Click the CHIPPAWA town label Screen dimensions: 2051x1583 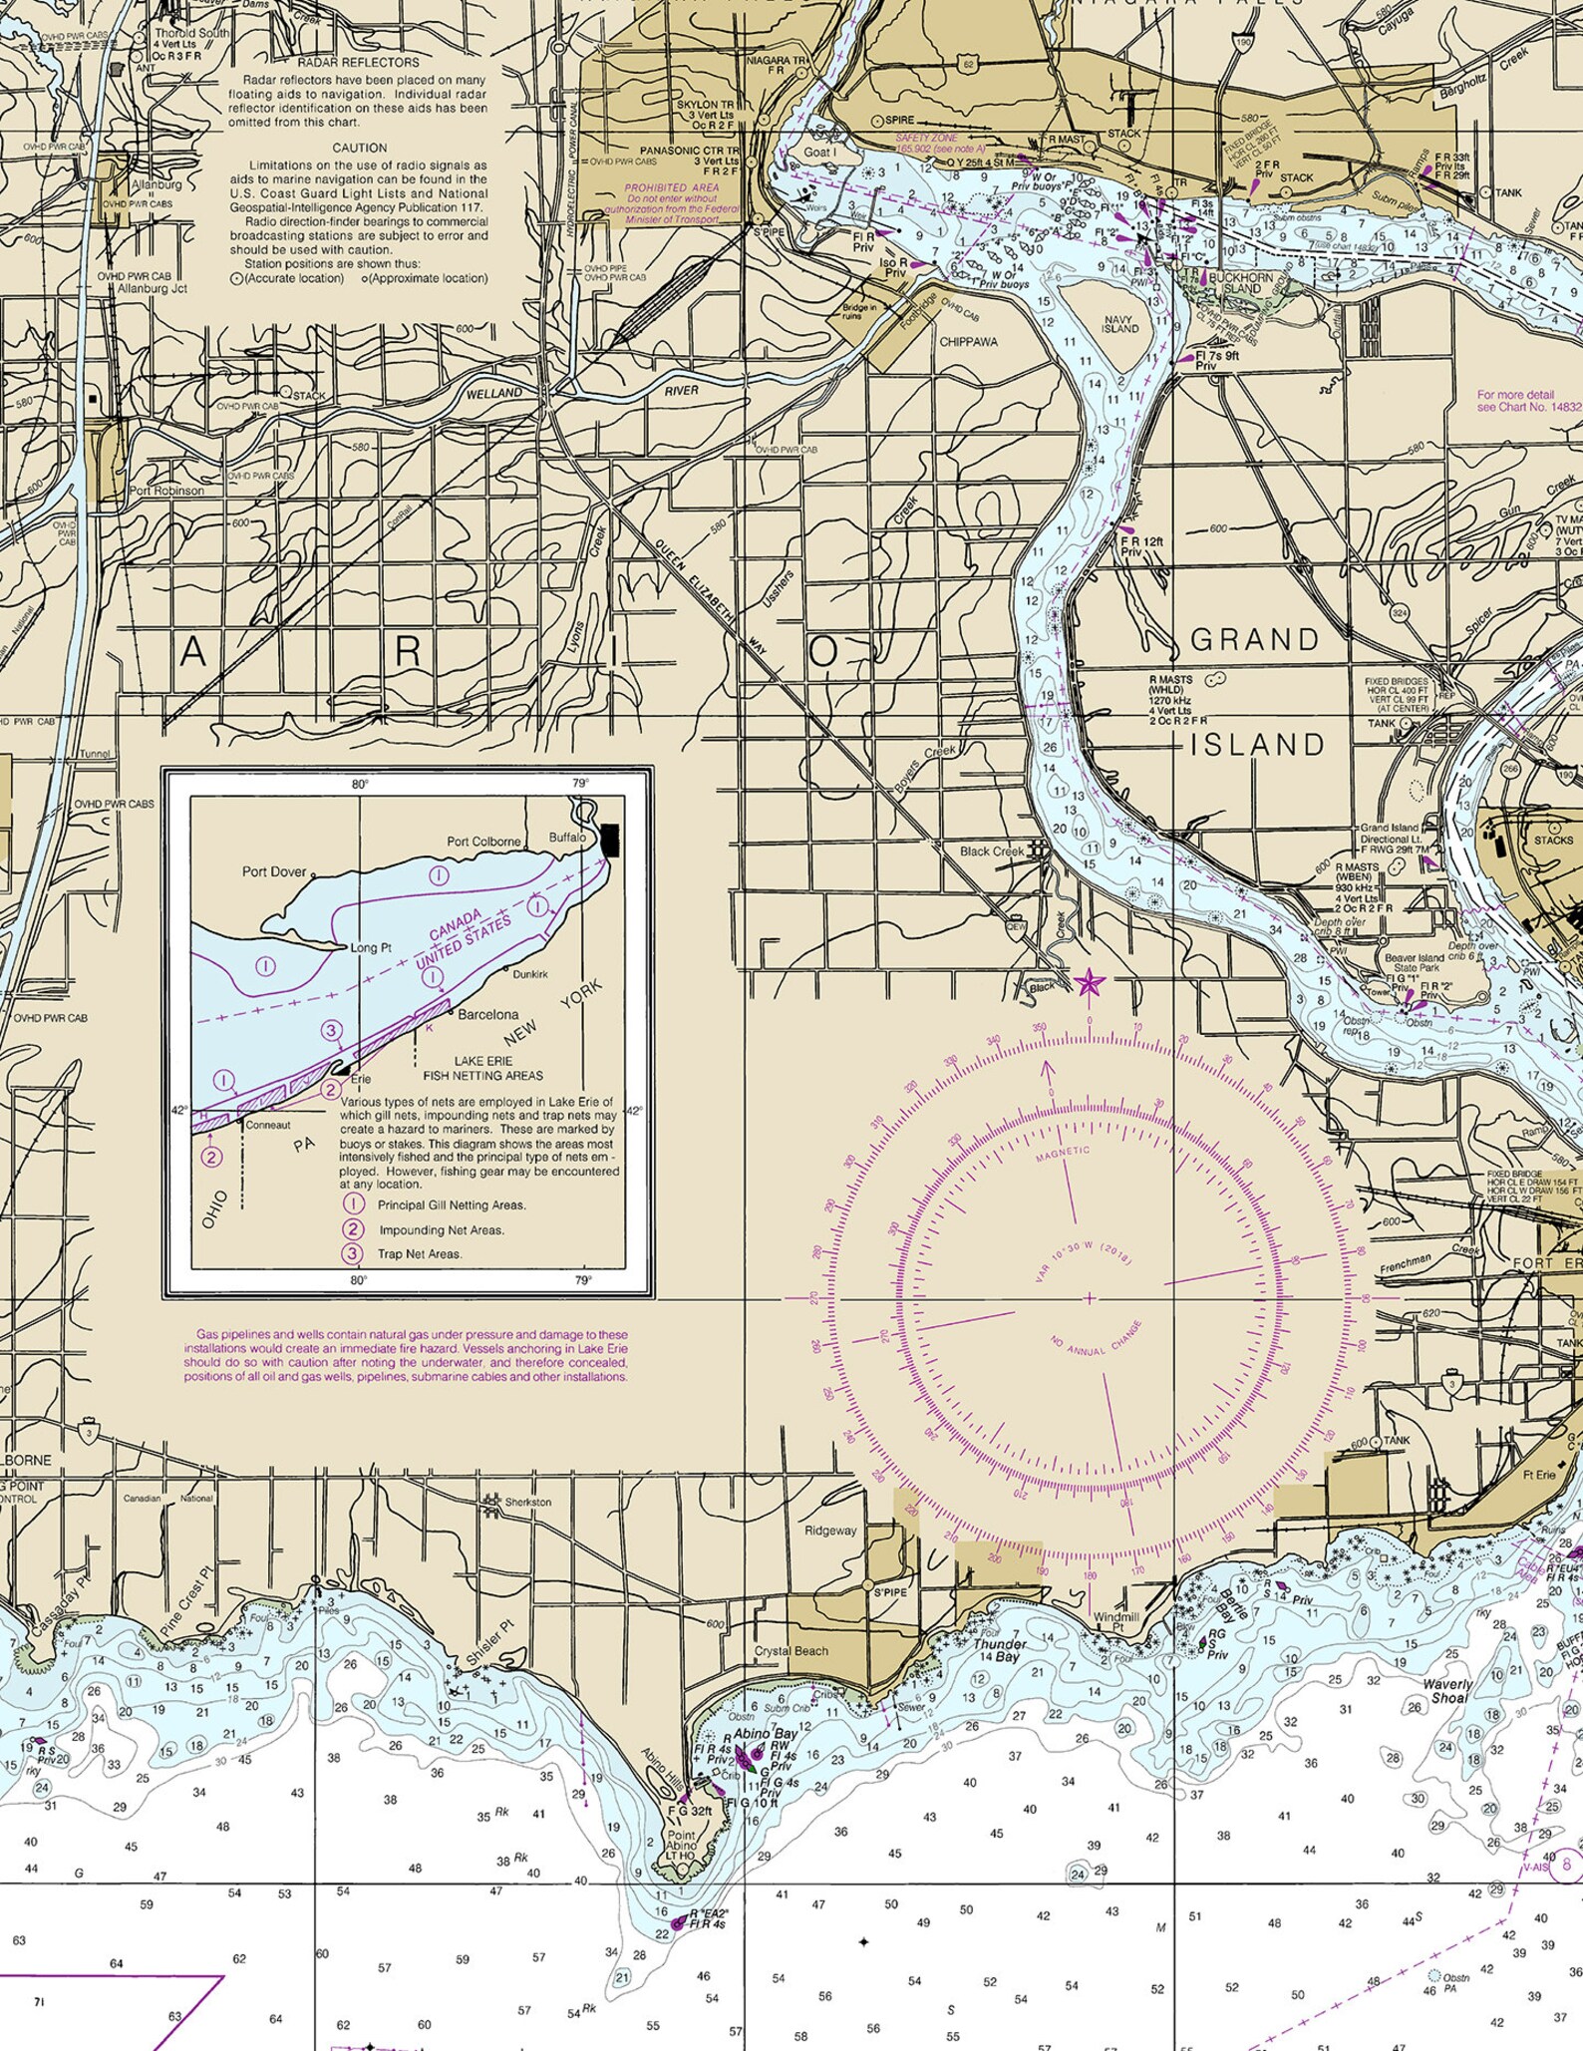(968, 342)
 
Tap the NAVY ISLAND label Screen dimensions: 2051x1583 (1119, 324)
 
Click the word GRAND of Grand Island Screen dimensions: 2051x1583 (1255, 640)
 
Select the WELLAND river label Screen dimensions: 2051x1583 (494, 394)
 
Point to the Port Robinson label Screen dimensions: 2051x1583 (166, 491)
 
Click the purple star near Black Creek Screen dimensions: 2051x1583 (1089, 984)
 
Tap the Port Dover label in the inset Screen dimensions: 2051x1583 (274, 871)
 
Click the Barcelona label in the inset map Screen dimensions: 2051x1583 (487, 1014)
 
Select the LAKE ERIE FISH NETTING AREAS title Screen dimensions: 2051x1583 (483, 1068)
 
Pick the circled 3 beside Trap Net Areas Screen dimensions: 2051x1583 (353, 1253)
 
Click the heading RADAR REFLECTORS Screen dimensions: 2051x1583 (359, 62)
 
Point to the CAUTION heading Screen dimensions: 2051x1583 (359, 148)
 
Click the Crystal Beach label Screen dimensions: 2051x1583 (791, 1651)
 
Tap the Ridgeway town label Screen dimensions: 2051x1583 (830, 1530)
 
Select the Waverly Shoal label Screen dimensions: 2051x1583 (1447, 1691)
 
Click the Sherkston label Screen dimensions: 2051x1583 (527, 1502)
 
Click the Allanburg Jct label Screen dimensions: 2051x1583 (153, 288)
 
